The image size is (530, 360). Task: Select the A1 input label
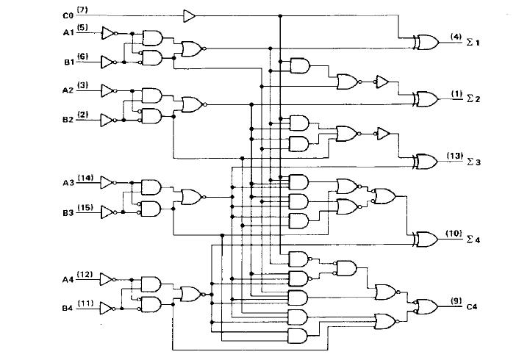68,32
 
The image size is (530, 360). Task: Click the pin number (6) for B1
82,57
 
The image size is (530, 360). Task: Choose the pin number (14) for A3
85,178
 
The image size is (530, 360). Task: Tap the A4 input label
68,279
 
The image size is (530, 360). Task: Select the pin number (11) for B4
85,303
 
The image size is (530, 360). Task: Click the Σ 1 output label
472,43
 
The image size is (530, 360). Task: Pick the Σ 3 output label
473,162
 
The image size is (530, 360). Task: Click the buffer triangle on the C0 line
190,14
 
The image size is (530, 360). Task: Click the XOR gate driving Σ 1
426,43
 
